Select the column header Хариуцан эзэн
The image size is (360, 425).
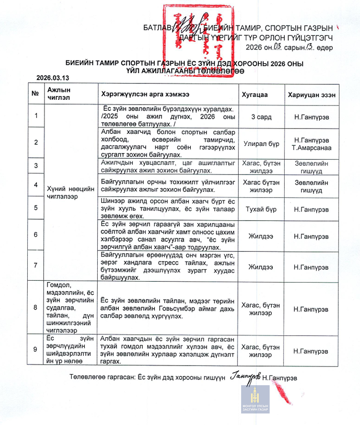(x=312, y=94)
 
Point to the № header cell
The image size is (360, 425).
(x=35, y=94)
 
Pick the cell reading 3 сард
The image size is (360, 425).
(x=261, y=116)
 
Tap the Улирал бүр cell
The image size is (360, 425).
(x=261, y=143)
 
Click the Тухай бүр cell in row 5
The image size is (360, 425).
(x=261, y=209)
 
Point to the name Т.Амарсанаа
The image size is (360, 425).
(x=312, y=147)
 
